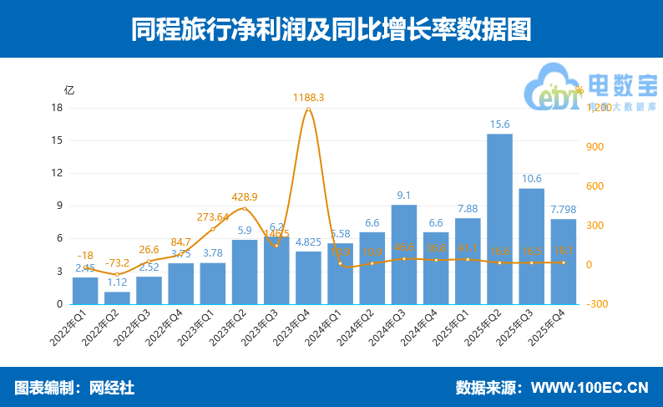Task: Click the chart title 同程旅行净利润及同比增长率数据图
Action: pos(331,29)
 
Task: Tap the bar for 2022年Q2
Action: pos(117,298)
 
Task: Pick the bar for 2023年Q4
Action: pos(308,277)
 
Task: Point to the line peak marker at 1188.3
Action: pos(308,109)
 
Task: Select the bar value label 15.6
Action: pos(499,125)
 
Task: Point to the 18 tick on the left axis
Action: pos(58,108)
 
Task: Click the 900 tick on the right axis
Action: pos(595,147)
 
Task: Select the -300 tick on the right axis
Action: pos(597,304)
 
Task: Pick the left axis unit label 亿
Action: pos(69,89)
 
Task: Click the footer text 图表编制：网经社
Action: pos(74,388)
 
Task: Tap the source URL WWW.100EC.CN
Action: pos(590,388)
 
